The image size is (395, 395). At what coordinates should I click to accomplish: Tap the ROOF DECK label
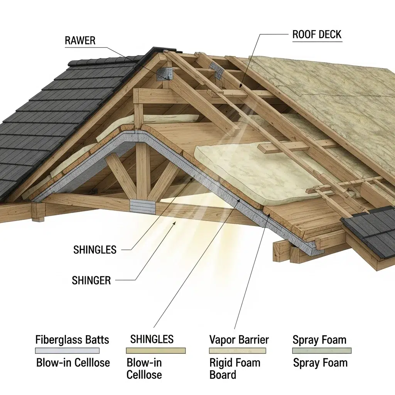click(x=317, y=34)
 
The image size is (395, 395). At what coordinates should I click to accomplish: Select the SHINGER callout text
click(x=91, y=280)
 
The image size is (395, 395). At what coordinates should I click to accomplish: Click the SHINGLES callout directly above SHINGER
click(x=95, y=250)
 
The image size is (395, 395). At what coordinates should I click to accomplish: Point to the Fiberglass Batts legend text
click(x=72, y=340)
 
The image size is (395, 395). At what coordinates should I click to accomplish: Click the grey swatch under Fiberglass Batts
click(x=68, y=351)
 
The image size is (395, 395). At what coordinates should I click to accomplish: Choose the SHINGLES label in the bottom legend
click(x=152, y=339)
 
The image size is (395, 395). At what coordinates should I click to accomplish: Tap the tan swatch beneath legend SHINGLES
click(x=156, y=351)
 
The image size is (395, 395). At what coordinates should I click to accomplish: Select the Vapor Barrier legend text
click(x=239, y=340)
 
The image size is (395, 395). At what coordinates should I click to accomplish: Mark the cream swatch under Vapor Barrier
click(x=238, y=351)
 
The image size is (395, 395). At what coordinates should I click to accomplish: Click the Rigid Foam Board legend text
click(x=235, y=368)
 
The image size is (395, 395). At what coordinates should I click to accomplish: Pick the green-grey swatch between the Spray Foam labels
click(x=322, y=351)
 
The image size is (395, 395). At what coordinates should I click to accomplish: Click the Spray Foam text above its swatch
click(x=319, y=340)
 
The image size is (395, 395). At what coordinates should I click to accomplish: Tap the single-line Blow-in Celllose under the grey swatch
click(x=73, y=363)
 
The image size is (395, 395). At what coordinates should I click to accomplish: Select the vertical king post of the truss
click(x=143, y=170)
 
